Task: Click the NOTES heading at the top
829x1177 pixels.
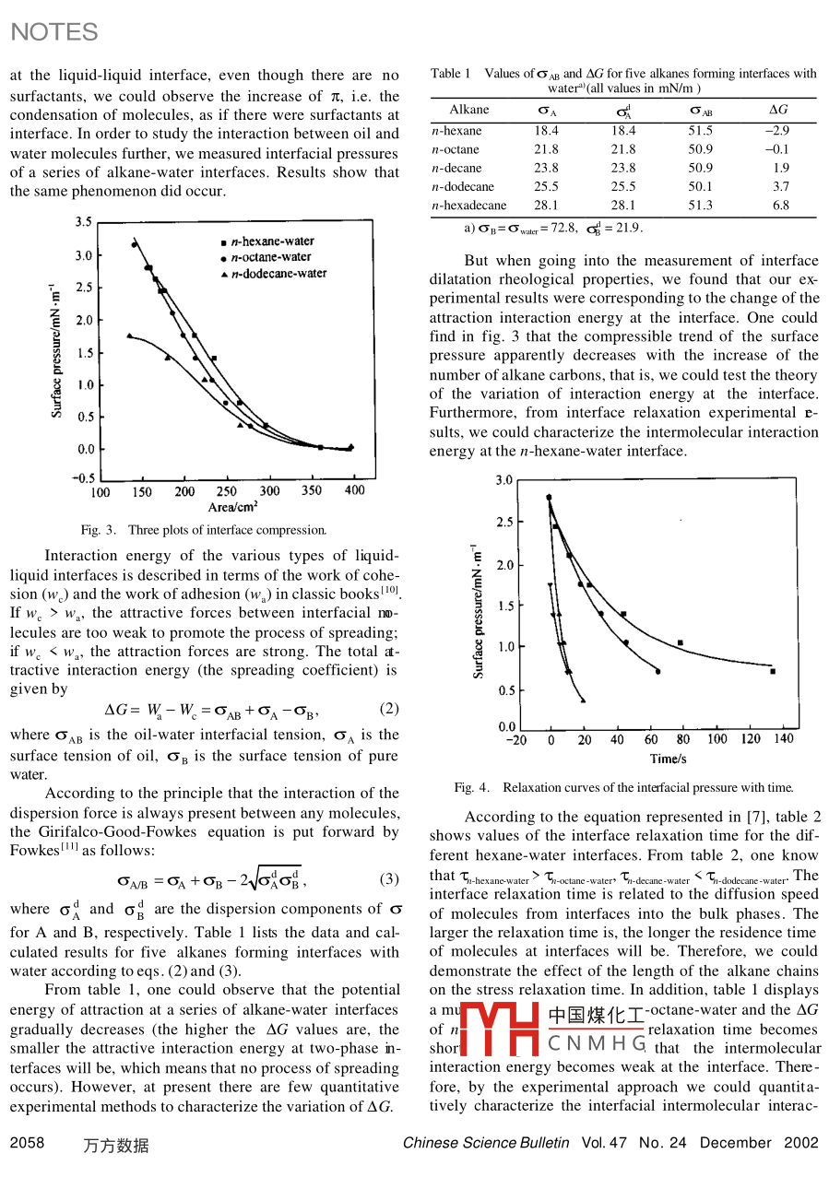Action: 53,32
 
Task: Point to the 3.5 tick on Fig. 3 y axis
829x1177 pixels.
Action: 83,222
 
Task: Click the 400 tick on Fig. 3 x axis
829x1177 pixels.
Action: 354,491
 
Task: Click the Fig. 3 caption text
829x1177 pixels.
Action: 204,530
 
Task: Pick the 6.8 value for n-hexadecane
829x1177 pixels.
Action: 781,206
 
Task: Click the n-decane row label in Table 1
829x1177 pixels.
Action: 456,168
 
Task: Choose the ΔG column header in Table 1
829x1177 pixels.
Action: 778,110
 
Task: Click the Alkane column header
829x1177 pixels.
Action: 469,110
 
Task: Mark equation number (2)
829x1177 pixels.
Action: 389,709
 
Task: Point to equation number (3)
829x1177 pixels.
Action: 389,878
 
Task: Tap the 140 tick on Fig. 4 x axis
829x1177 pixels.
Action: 782,739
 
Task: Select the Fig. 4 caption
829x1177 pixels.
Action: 623,787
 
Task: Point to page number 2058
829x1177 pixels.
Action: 27,1143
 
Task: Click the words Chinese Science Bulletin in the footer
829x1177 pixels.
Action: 486,1143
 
